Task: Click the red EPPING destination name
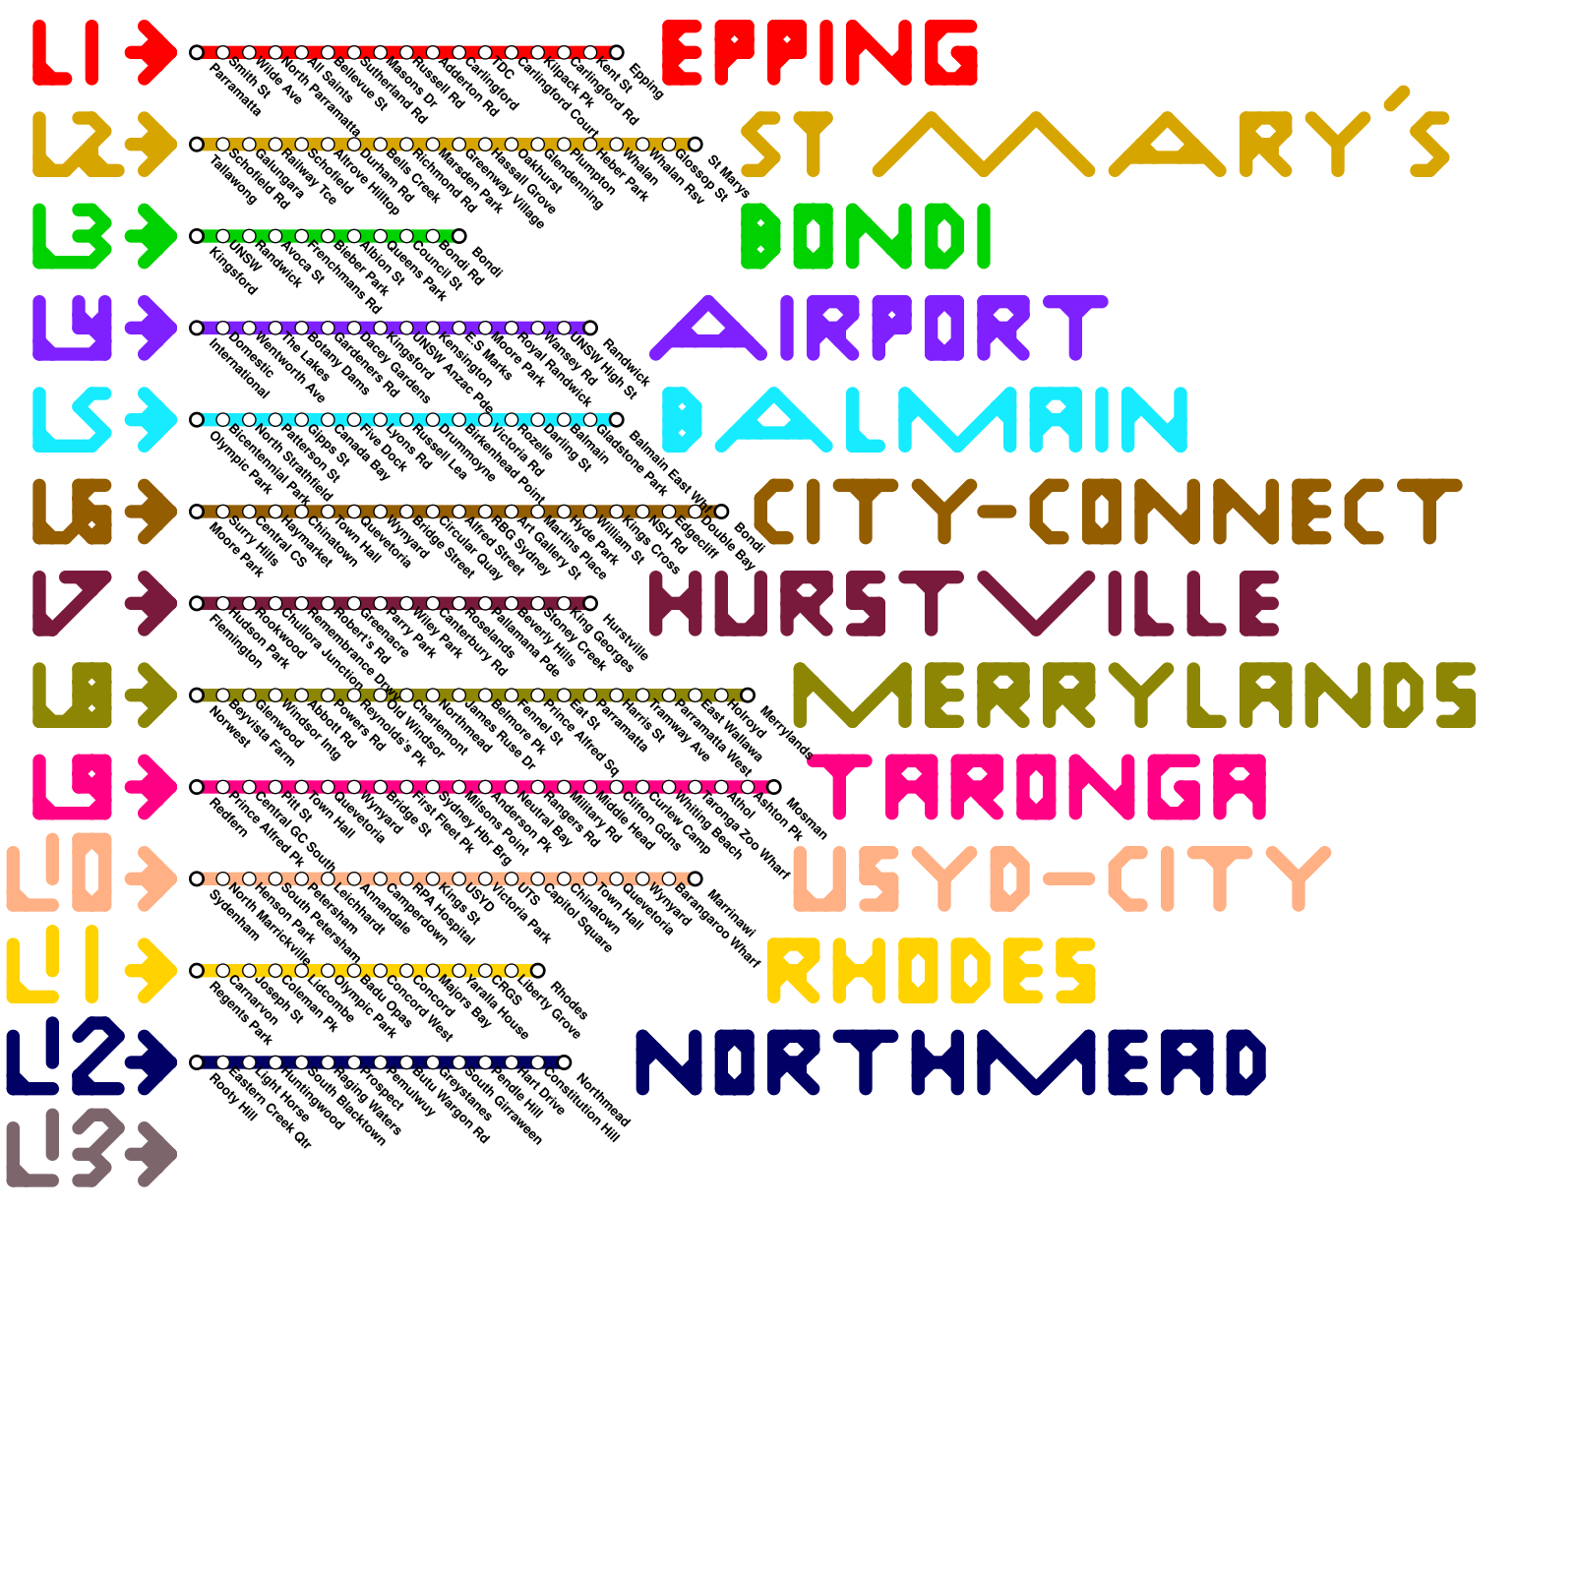[x=819, y=52]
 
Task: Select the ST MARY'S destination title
[x=1095, y=144]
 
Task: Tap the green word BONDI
[x=865, y=236]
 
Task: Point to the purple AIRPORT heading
[x=878, y=328]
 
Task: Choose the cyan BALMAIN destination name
[x=925, y=419]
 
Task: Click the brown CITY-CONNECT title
[x=1107, y=512]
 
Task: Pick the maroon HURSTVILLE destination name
[x=964, y=603]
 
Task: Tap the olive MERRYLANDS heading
[x=1133, y=695]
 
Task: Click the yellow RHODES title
[x=931, y=970]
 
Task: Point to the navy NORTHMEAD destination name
[x=950, y=1062]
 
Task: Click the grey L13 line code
[x=61, y=1154]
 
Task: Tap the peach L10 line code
[x=61, y=878]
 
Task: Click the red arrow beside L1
[x=150, y=52]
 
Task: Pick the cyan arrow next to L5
[x=150, y=419]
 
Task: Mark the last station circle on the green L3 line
[x=458, y=236]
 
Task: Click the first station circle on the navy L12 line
[x=197, y=1062]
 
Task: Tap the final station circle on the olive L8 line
[x=748, y=696]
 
